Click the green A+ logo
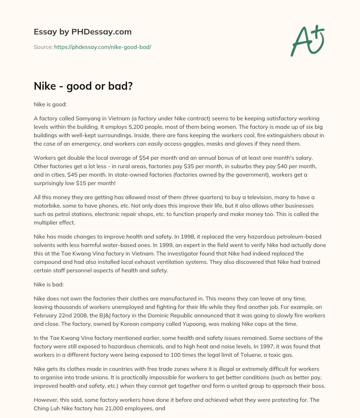pyautogui.click(x=307, y=40)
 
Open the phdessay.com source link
pyautogui.click(x=102, y=47)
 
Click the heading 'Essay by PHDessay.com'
pyautogui.click(x=83, y=32)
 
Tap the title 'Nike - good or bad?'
pyautogui.click(x=83, y=86)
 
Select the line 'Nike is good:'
pyautogui.click(x=49, y=104)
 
